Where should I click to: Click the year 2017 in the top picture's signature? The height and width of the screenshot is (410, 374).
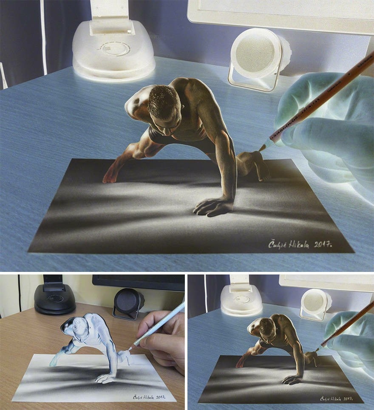(x=323, y=244)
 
